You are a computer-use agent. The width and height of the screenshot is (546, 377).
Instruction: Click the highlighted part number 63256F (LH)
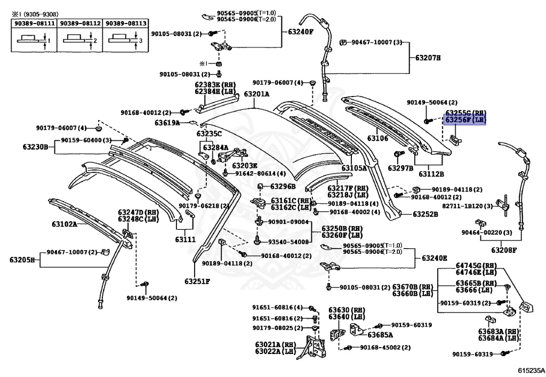[465, 121]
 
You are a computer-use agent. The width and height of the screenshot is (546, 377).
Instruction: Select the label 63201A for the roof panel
[256, 94]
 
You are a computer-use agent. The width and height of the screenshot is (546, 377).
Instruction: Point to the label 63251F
[197, 281]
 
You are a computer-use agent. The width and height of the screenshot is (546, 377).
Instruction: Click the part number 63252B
[425, 214]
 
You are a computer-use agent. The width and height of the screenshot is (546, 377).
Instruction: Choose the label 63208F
[504, 249]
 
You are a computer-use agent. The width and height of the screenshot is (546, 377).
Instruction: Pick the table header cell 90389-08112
[79, 24]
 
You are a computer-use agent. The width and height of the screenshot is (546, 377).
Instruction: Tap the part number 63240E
[435, 258]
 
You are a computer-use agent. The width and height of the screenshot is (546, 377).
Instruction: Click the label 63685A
[380, 335]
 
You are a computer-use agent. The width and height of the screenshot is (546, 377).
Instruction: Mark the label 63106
[378, 139]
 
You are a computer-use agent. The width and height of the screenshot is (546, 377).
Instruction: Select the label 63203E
[245, 165]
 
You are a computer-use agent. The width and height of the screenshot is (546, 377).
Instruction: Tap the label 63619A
[167, 123]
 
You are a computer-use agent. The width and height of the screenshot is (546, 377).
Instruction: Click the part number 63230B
[36, 147]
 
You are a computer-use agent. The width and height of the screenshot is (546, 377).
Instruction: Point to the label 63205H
[22, 260]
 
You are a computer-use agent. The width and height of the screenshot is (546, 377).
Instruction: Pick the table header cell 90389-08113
[124, 24]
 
